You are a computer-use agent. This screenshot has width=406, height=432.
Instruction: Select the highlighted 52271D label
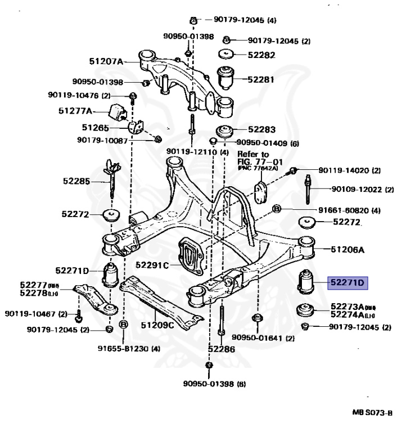pyautogui.click(x=347, y=282)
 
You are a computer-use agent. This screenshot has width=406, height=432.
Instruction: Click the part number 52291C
pyautogui.click(x=153, y=264)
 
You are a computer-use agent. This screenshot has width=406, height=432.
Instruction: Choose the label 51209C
pyautogui.click(x=157, y=325)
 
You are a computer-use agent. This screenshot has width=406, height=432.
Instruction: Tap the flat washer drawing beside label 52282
pyautogui.click(x=226, y=55)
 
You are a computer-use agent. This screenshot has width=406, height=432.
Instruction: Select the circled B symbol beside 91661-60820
pyautogui.click(x=277, y=210)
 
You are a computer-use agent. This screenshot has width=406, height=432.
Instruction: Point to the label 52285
pyautogui.click(x=76, y=181)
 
